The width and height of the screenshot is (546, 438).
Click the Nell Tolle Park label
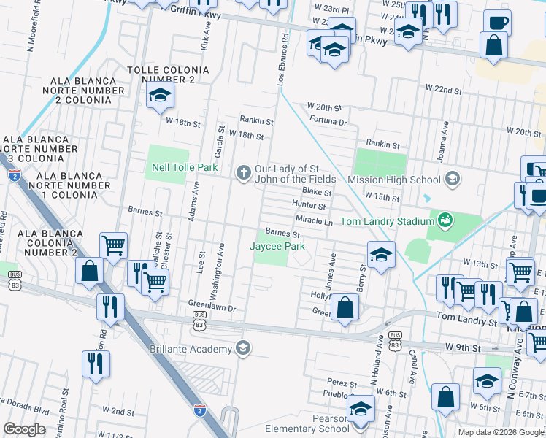(185, 168)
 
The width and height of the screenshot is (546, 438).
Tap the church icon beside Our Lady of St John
(242, 173)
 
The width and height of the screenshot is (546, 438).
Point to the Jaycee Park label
(277, 247)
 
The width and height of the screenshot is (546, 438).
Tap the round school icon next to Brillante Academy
(242, 349)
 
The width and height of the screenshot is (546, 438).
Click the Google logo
(25, 429)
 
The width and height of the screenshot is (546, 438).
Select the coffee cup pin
(496, 23)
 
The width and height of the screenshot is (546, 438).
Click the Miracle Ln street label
(314, 220)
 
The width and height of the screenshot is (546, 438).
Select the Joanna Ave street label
(444, 134)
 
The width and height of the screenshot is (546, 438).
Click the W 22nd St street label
(445, 88)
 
